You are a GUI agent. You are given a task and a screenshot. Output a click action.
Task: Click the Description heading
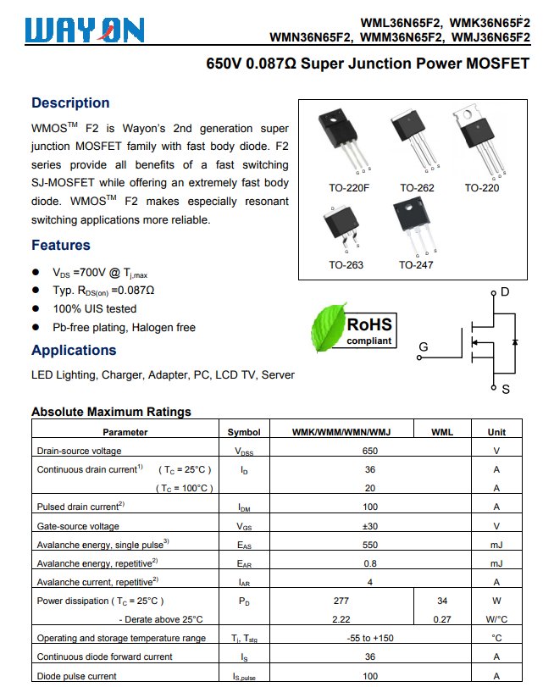[x=70, y=103]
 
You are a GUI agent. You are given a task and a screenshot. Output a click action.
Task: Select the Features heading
[x=61, y=246]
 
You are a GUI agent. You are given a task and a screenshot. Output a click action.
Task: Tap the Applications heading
[x=74, y=351]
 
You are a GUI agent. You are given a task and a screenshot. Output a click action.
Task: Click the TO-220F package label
[x=349, y=187]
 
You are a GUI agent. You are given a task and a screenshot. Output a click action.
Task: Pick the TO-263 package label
[x=346, y=265]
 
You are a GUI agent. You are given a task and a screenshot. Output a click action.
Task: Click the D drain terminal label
[x=505, y=292]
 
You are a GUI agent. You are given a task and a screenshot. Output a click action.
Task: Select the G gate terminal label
[x=424, y=346]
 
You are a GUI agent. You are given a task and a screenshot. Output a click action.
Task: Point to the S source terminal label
[x=506, y=390]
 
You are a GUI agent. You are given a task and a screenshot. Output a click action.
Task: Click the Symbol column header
[x=244, y=432]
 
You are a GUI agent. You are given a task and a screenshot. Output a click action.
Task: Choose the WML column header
[x=442, y=432]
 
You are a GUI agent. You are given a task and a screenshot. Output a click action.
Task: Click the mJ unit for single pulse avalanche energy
[x=496, y=545]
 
